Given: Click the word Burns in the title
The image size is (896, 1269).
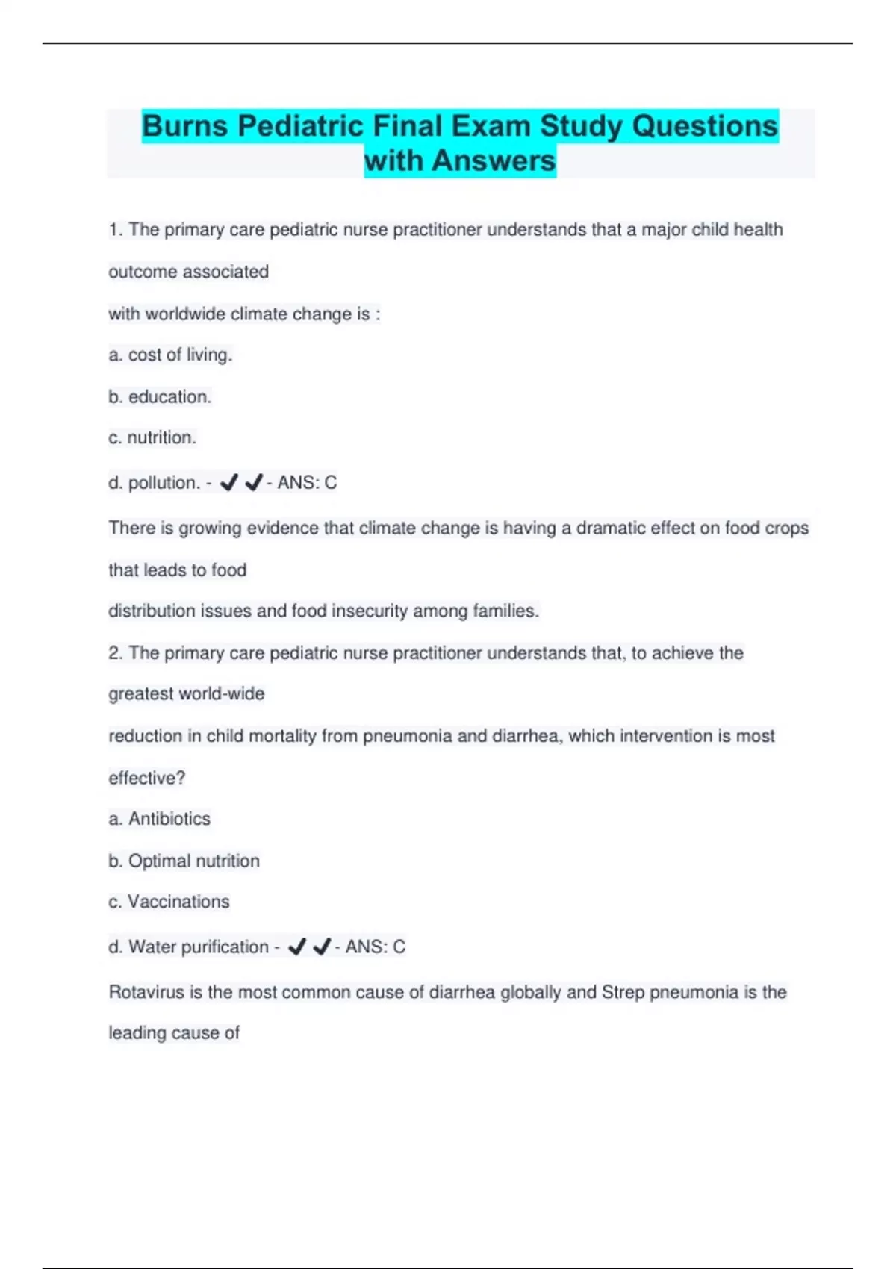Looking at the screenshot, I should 184,126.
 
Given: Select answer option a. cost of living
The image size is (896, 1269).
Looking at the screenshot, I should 170,355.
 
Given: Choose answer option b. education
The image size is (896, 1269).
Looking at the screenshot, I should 160,396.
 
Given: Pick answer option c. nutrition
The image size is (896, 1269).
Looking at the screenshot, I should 152,437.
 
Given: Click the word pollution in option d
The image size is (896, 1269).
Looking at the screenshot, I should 164,483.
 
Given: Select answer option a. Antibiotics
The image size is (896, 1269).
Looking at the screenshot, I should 159,819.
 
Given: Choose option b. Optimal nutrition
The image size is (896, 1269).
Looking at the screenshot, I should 184,861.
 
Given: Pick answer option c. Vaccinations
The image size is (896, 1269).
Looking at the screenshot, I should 169,902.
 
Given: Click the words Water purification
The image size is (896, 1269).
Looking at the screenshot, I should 199,947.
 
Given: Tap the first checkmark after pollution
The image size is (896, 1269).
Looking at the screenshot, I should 229,483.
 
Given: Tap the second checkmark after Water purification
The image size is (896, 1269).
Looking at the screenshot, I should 322,947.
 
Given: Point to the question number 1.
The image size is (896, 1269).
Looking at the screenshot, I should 115,230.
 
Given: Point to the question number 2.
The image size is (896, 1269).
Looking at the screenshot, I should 115,653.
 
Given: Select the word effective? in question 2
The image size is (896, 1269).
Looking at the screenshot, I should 146,778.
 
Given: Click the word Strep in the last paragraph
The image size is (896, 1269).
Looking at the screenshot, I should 623,992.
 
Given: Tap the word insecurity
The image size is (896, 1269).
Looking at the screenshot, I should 370,611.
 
